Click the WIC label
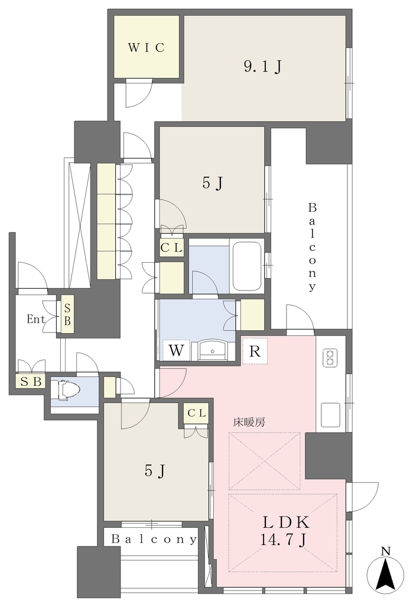(x=147, y=47)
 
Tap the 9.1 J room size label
(x=263, y=67)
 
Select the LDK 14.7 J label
(x=285, y=530)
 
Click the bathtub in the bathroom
(x=247, y=267)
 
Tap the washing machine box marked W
(x=176, y=350)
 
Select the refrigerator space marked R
(x=255, y=352)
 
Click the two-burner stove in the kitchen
(x=330, y=357)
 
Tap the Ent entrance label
(x=36, y=319)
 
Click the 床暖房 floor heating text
(x=249, y=423)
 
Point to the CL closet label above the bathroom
(x=171, y=248)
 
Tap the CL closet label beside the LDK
(x=197, y=413)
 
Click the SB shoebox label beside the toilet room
(x=31, y=382)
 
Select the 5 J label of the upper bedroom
(x=212, y=183)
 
